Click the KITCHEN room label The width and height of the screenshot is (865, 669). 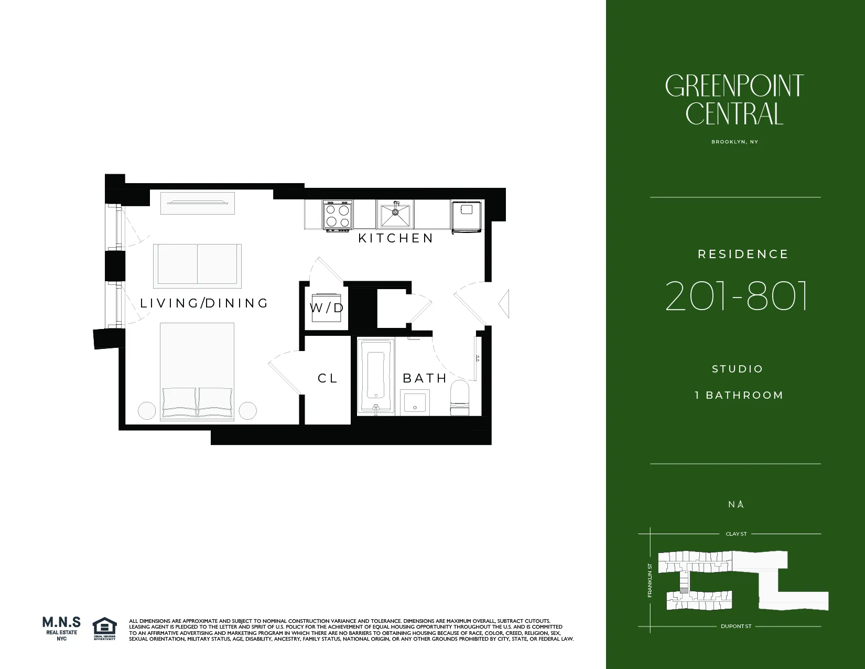click(396, 238)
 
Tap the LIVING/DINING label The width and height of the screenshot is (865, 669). click(204, 303)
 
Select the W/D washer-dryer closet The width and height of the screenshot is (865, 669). click(327, 308)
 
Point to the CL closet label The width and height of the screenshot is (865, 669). click(328, 378)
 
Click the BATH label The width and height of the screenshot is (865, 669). click(425, 378)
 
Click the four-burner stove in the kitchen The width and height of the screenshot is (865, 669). click(337, 216)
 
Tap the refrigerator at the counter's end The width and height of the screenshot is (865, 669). click(466, 216)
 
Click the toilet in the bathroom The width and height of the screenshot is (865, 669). click(460, 398)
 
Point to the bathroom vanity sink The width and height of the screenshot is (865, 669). click(415, 402)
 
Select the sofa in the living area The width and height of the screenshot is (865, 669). click(198, 266)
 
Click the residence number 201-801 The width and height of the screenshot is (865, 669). click(737, 296)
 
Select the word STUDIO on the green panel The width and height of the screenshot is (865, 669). click(737, 369)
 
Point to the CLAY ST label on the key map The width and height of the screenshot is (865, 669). click(736, 534)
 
